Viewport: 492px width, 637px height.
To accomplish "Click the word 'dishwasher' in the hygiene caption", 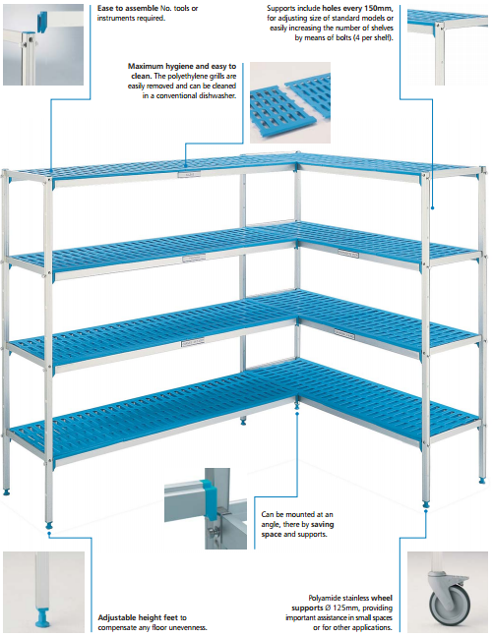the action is click(x=217, y=96).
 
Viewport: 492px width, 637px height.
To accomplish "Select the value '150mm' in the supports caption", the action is click(x=381, y=8).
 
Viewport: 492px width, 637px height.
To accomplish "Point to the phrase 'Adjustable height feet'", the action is click(x=138, y=617).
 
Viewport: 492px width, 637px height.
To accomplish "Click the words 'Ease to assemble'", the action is click(x=128, y=8).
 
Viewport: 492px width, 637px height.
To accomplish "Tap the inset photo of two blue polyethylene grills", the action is click(x=290, y=103).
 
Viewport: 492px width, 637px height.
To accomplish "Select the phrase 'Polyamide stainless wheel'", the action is click(x=350, y=598).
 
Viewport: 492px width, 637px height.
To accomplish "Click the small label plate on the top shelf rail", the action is click(x=189, y=174).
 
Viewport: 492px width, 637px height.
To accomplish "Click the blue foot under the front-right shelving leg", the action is click(x=426, y=504).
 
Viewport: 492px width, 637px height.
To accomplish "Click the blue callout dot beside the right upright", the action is click(x=433, y=208).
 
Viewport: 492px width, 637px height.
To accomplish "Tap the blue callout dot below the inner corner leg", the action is click(x=297, y=414).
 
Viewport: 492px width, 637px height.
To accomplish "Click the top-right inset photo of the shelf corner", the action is click(x=448, y=45).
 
